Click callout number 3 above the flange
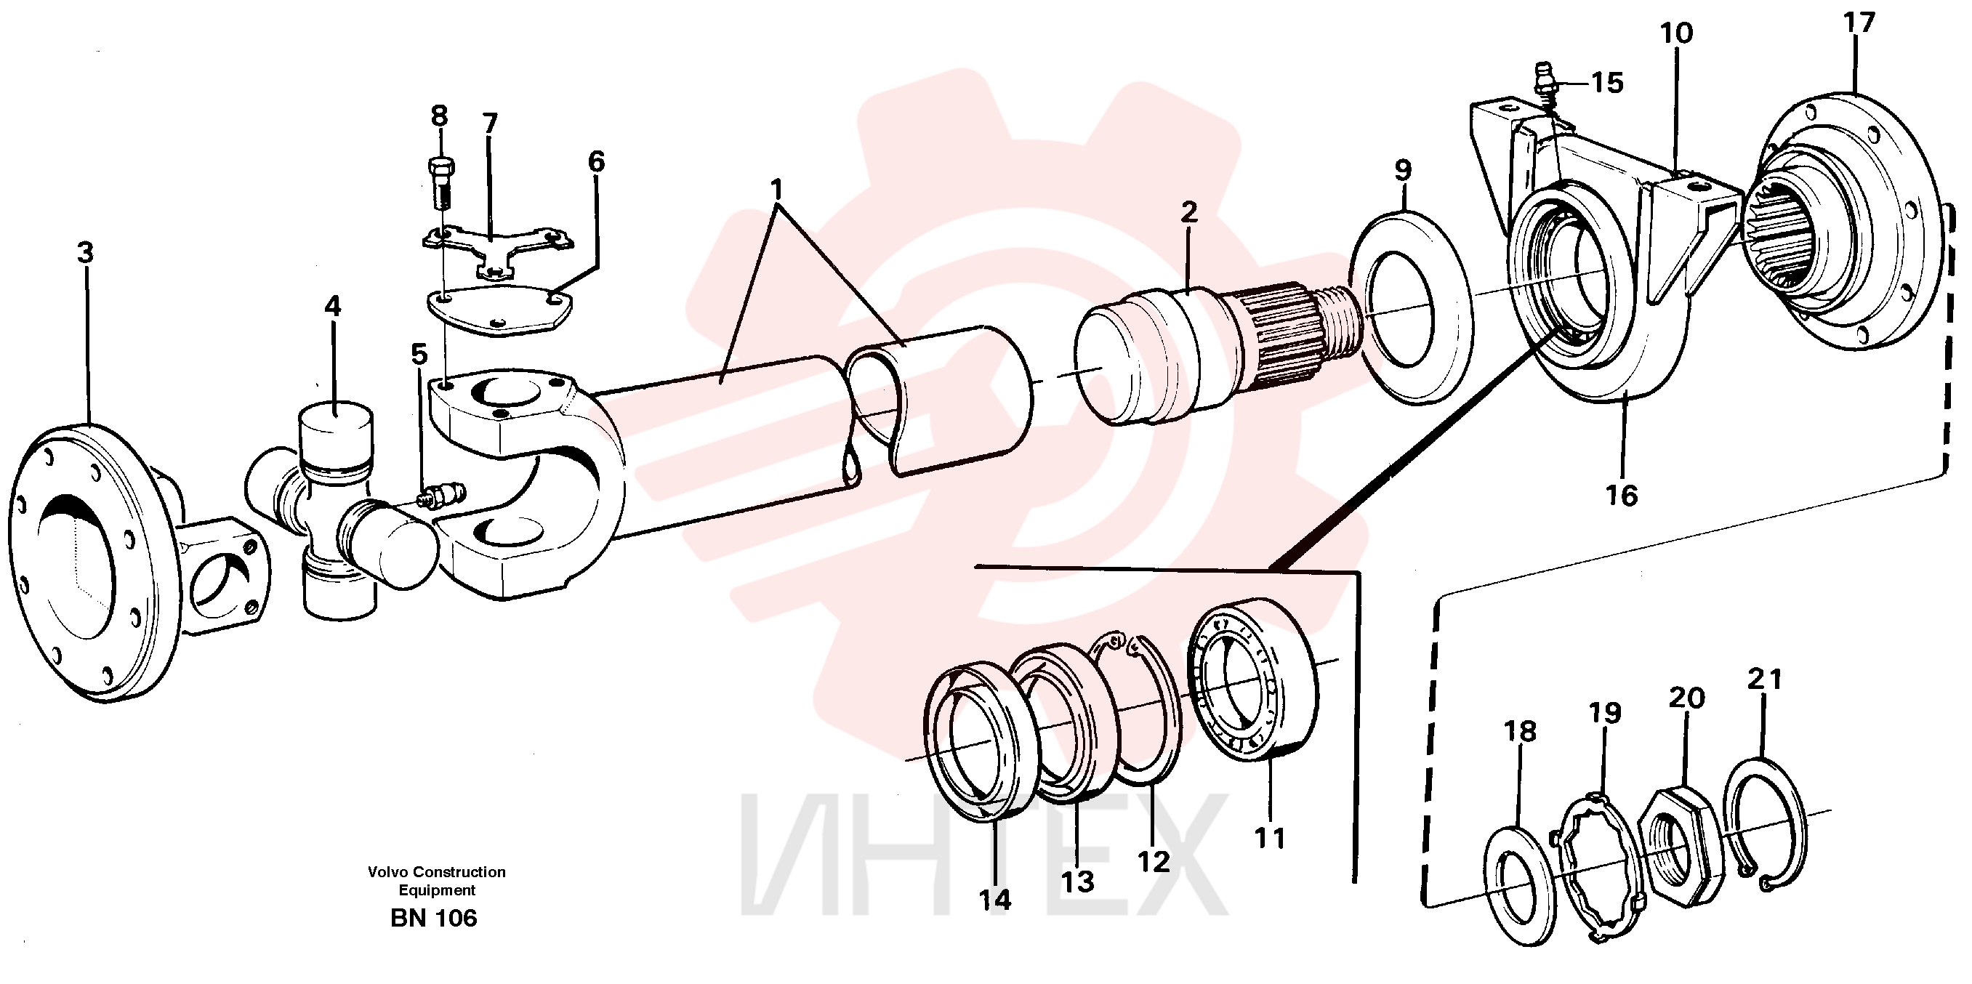tap(85, 251)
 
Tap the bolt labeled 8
tap(440, 182)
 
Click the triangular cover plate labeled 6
tap(499, 310)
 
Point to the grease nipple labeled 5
tap(440, 495)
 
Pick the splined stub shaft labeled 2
tap(1218, 354)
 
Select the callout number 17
tap(1858, 23)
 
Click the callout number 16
tap(1621, 496)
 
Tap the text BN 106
tap(433, 917)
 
